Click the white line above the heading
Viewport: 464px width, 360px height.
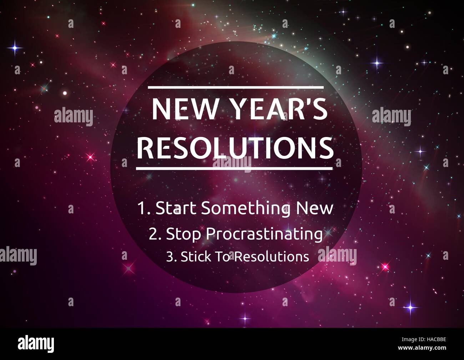(236, 87)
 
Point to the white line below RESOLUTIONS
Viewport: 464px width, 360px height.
(234, 168)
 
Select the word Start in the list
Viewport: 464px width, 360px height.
(176, 208)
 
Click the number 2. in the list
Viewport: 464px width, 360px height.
(155, 234)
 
